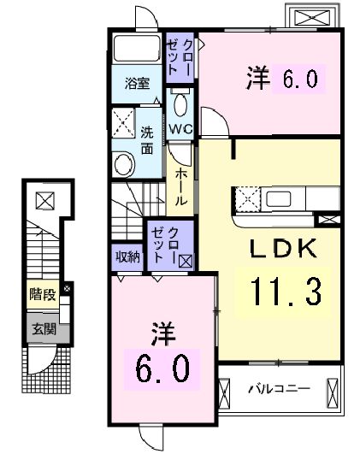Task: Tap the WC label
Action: (x=180, y=129)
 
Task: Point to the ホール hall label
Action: (x=181, y=186)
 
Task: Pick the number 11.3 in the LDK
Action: (x=286, y=292)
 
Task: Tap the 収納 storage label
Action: (x=126, y=256)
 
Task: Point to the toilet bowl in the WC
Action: (x=179, y=105)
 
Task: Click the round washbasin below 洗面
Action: (x=125, y=162)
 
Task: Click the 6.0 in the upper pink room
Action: (x=296, y=79)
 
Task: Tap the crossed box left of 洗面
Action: (x=124, y=122)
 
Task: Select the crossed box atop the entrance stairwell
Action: (x=43, y=201)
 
